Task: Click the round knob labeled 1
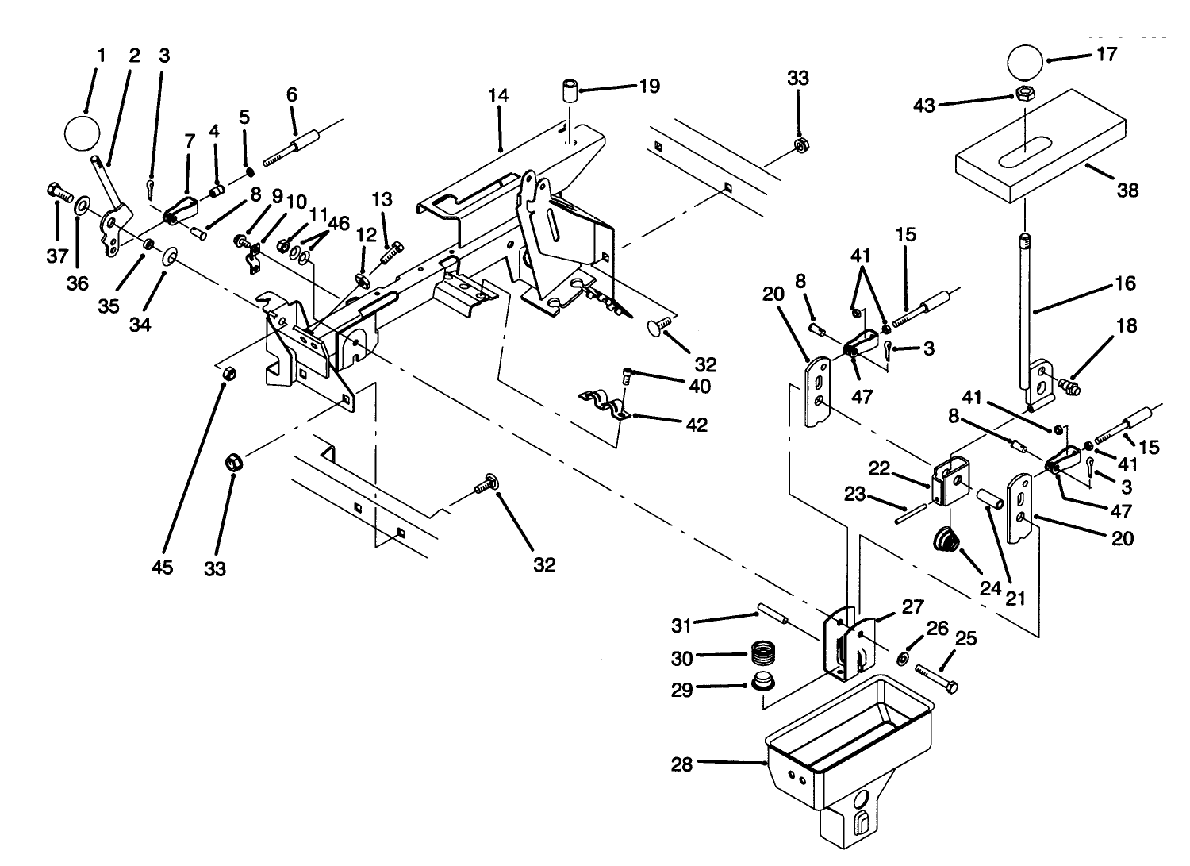(x=82, y=133)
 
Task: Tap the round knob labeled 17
(x=1027, y=65)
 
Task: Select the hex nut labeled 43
(x=1023, y=95)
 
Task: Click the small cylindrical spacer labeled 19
(x=570, y=90)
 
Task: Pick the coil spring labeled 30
(x=762, y=657)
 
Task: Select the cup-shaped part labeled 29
(x=762, y=682)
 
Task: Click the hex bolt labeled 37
(x=59, y=193)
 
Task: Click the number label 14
(x=497, y=96)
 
